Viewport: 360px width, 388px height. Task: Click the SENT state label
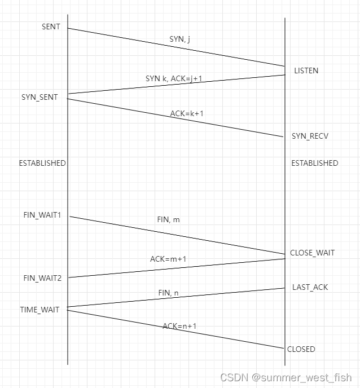pyautogui.click(x=51, y=27)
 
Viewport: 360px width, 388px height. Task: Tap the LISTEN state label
pyautogui.click(x=306, y=71)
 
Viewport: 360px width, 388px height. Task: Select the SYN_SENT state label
pyautogui.click(x=39, y=97)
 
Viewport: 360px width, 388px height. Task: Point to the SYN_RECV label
pyautogui.click(x=310, y=136)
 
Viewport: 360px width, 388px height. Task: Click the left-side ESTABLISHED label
pyautogui.click(x=42, y=163)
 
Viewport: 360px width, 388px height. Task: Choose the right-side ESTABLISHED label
pyautogui.click(x=314, y=163)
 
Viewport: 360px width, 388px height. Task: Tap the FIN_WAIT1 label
pyautogui.click(x=42, y=215)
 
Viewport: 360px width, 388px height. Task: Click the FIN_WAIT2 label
pyautogui.click(x=42, y=277)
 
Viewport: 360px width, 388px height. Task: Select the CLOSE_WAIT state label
pyautogui.click(x=312, y=253)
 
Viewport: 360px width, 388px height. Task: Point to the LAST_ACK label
pyautogui.click(x=310, y=287)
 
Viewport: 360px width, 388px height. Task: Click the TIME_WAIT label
pyautogui.click(x=39, y=310)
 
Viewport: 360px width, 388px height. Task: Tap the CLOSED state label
pyautogui.click(x=301, y=349)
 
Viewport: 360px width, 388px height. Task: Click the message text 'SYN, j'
pyautogui.click(x=179, y=39)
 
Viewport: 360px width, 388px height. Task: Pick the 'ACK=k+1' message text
pyautogui.click(x=187, y=113)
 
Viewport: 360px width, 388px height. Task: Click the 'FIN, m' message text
pyautogui.click(x=168, y=219)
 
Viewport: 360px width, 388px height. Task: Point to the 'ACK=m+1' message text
pyautogui.click(x=168, y=259)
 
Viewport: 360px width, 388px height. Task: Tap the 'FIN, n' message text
pyautogui.click(x=168, y=293)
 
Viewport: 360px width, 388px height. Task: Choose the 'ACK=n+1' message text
pyautogui.click(x=179, y=326)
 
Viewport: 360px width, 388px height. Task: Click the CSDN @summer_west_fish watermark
pyautogui.click(x=286, y=377)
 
